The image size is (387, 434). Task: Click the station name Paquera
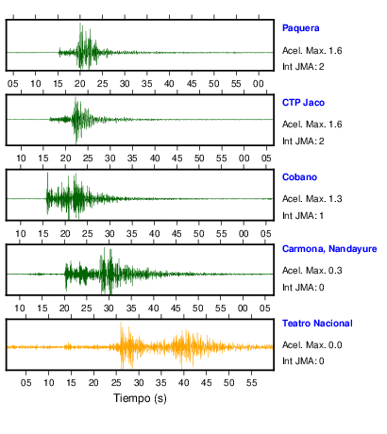pyautogui.click(x=300, y=28)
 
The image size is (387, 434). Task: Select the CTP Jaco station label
pyautogui.click(x=303, y=103)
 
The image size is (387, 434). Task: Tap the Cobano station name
pyautogui.click(x=299, y=177)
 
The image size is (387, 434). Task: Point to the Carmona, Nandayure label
pyautogui.click(x=329, y=249)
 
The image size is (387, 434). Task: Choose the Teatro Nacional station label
pyautogui.click(x=317, y=324)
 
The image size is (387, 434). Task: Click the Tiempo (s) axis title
pyautogui.click(x=140, y=398)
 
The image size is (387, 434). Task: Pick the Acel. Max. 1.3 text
pyautogui.click(x=311, y=199)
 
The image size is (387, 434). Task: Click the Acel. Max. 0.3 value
pyautogui.click(x=311, y=271)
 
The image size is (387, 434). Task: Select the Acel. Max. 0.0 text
pyautogui.click(x=311, y=345)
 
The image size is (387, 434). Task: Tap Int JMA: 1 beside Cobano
pyautogui.click(x=303, y=216)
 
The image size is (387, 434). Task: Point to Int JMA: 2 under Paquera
pyautogui.click(x=303, y=67)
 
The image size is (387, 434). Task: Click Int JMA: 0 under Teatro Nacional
pyautogui.click(x=303, y=360)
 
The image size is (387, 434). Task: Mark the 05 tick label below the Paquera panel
pyautogui.click(x=13, y=84)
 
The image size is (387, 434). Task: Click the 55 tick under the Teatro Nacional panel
pyautogui.click(x=251, y=383)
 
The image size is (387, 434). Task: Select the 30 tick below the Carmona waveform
pyautogui.click(x=109, y=309)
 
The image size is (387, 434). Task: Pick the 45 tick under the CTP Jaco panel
pyautogui.click(x=177, y=159)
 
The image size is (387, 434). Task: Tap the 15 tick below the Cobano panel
pyautogui.click(x=43, y=234)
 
